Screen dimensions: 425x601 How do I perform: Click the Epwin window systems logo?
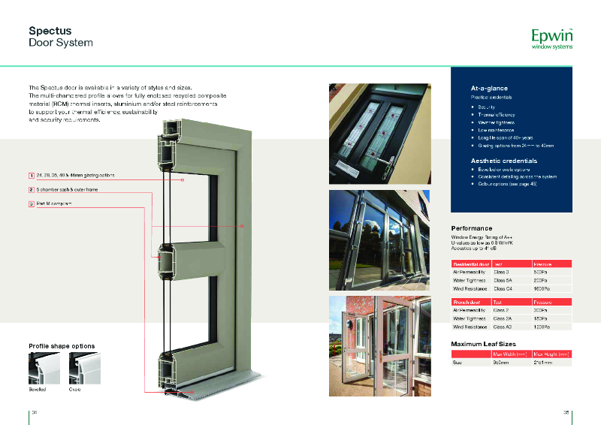click(551, 38)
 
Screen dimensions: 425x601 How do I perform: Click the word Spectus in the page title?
click(50, 31)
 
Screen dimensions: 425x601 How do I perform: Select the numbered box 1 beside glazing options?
click(32, 176)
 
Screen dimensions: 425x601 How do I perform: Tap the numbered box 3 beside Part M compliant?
click(32, 203)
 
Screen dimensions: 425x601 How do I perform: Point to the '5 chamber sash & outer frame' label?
click(68, 190)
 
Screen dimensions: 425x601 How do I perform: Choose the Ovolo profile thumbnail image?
click(84, 369)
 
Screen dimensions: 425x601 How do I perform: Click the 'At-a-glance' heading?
click(490, 89)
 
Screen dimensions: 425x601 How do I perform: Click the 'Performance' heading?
click(472, 228)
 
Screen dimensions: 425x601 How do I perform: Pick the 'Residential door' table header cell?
click(471, 264)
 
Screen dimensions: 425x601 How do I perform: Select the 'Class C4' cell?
click(503, 288)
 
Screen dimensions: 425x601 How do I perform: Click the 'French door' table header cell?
click(467, 301)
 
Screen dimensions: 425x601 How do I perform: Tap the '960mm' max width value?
click(501, 362)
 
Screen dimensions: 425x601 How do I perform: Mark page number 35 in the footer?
click(567, 412)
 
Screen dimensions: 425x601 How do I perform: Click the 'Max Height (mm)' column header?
click(551, 353)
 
